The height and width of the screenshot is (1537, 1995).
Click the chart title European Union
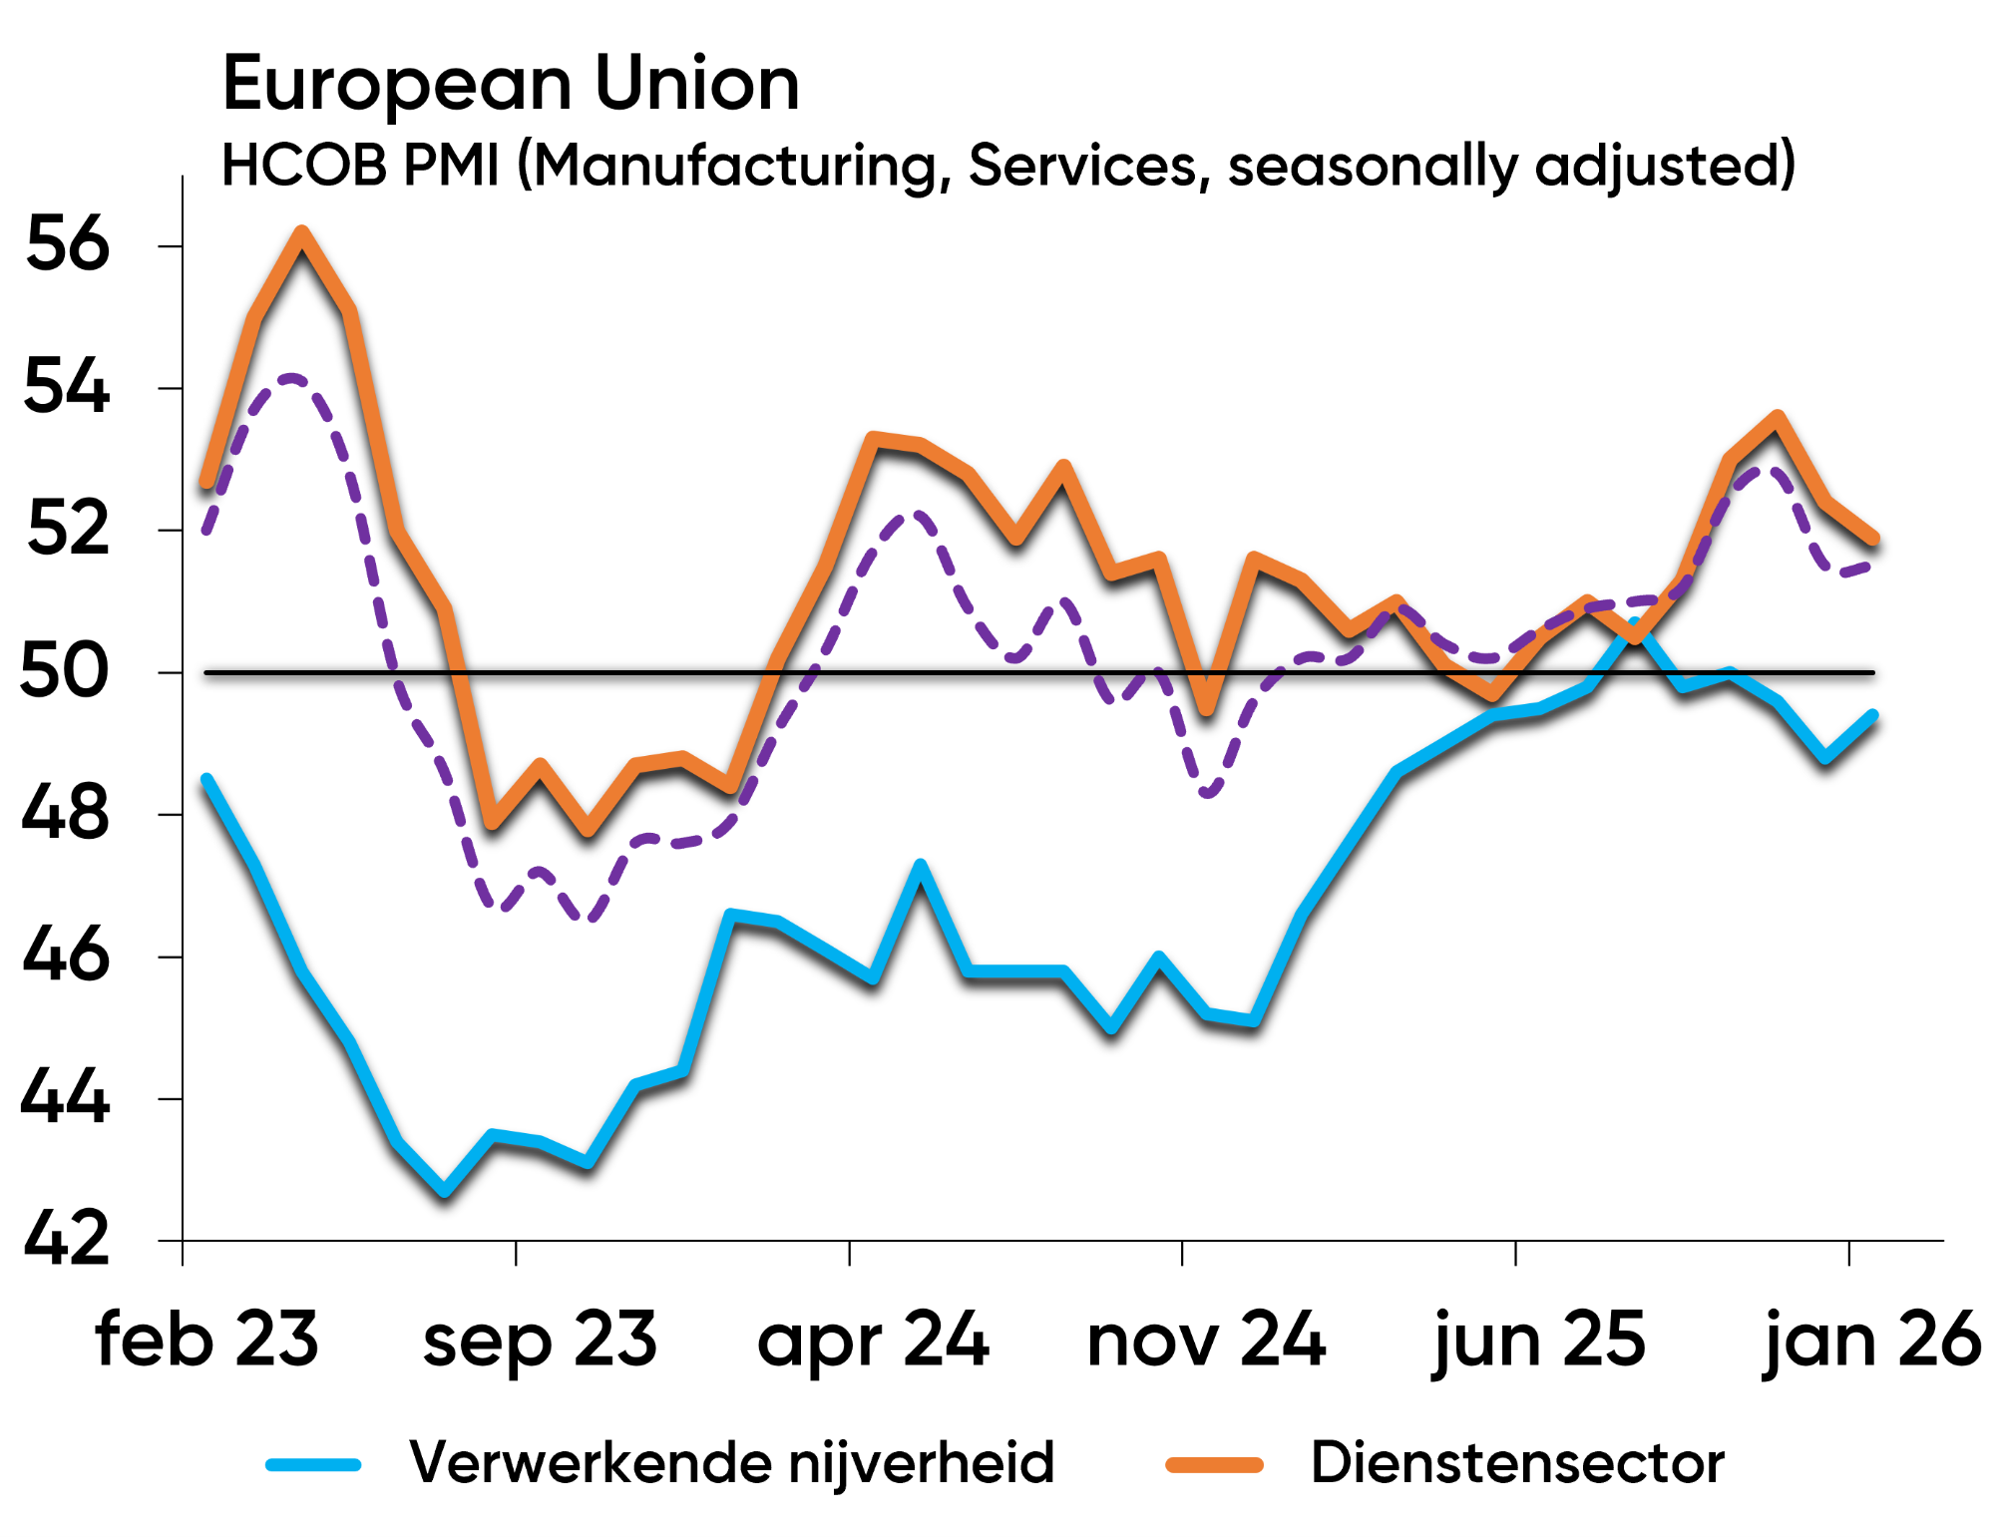(511, 84)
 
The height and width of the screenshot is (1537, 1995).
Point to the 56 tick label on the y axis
(67, 244)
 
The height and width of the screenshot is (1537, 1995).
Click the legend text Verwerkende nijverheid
(731, 1463)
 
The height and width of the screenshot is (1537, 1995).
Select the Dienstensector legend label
(1517, 1463)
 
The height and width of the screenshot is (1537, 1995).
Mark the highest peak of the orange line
(302, 233)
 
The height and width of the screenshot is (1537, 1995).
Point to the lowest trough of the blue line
(445, 1191)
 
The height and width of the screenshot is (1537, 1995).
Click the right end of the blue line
(1872, 716)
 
